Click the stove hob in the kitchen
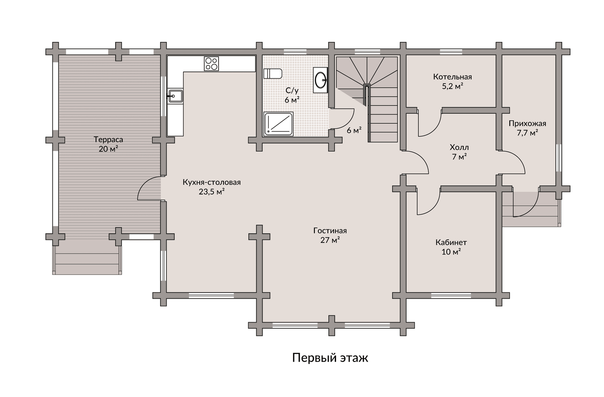pos(211,64)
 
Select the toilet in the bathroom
pos(273,74)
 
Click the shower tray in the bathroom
pos(278,124)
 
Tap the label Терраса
pos(108,139)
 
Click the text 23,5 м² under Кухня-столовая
pos(212,192)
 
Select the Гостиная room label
pos(330,231)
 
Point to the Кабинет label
pos(451,242)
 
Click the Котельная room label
pos(452,77)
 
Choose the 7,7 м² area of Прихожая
pos(527,133)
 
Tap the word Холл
pos(459,147)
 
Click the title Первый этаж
pos(330,358)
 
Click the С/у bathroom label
pos(292,91)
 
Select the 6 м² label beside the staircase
pos(354,130)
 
